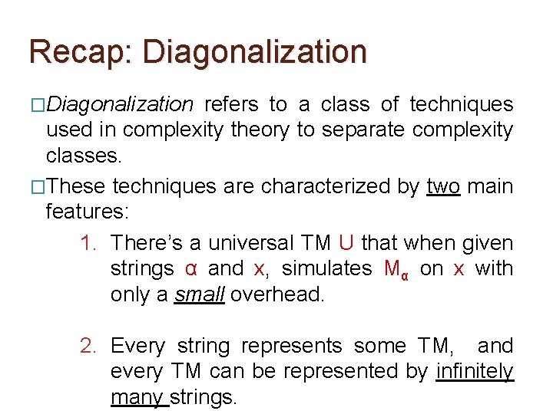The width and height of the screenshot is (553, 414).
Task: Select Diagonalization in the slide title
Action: [254, 52]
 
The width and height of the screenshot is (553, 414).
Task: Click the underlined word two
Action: [442, 186]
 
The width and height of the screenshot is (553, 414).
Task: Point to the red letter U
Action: [346, 243]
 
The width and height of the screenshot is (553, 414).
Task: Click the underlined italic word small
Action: [199, 294]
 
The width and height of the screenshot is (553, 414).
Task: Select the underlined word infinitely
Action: [474, 371]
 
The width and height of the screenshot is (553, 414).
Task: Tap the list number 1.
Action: [88, 244]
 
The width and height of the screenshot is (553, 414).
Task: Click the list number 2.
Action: [88, 347]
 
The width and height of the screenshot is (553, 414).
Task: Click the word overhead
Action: [277, 294]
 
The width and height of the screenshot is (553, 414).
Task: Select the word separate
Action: [363, 130]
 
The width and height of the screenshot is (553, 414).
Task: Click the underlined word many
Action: [139, 397]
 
